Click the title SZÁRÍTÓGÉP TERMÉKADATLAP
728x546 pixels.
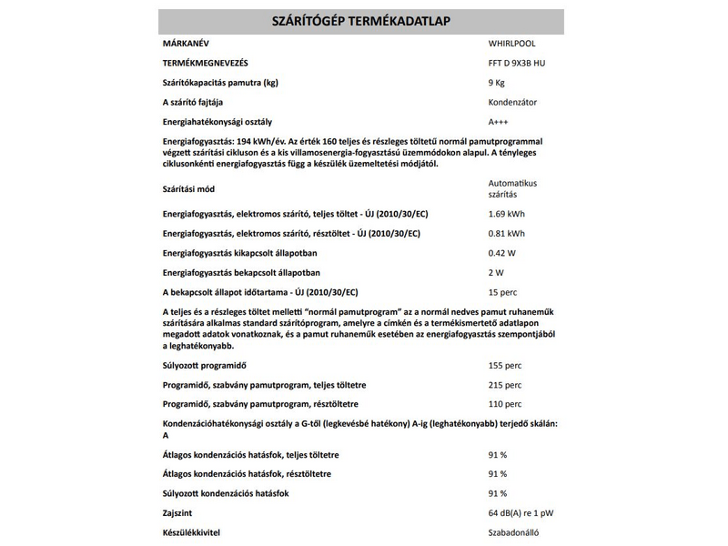pyautogui.click(x=361, y=21)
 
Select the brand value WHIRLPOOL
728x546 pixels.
pyautogui.click(x=513, y=43)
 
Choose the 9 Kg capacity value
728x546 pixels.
pyautogui.click(x=498, y=83)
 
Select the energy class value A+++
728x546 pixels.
pyautogui.click(x=499, y=122)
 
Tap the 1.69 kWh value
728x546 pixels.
pyautogui.click(x=506, y=214)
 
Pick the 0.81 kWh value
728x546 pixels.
pyautogui.click(x=506, y=234)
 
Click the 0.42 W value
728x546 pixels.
pyautogui.click(x=502, y=253)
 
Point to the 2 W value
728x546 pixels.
pyautogui.click(x=496, y=273)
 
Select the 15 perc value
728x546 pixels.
pyautogui.click(x=503, y=292)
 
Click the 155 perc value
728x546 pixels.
pyautogui.click(x=505, y=365)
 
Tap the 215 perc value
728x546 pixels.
pyautogui.click(x=505, y=385)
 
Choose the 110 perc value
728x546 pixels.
pyautogui.click(x=505, y=404)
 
